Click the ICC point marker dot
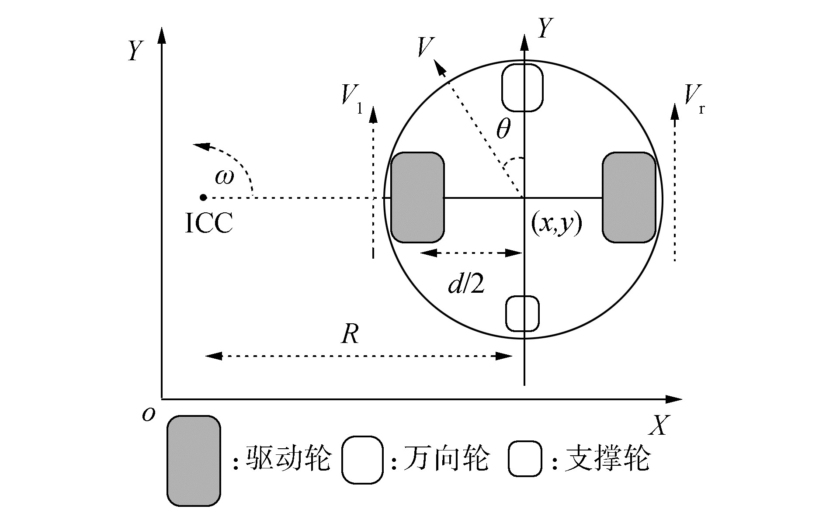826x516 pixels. [x=203, y=197]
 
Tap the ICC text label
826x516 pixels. [x=209, y=223]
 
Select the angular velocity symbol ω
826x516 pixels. [x=225, y=177]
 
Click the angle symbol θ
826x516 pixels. [x=503, y=130]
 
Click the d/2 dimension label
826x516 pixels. [x=466, y=285]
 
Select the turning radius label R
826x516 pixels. [x=350, y=335]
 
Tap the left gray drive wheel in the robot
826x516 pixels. [x=417, y=197]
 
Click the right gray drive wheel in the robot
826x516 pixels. [x=629, y=197]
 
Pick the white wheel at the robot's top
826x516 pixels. [x=522, y=87]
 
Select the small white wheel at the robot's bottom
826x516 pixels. [x=522, y=313]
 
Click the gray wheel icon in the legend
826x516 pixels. [x=194, y=461]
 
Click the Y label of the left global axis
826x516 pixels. [x=135, y=51]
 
